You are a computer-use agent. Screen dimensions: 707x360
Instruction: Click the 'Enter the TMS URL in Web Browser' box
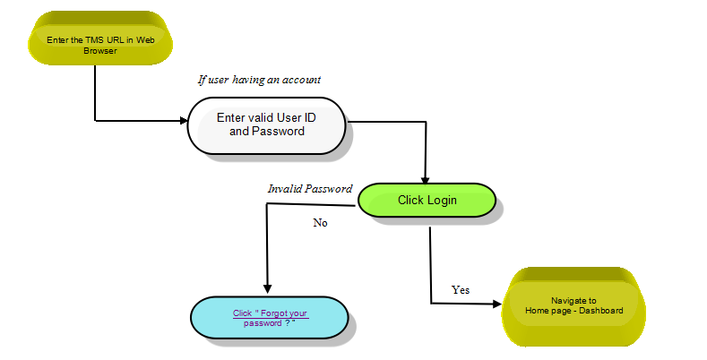(x=100, y=39)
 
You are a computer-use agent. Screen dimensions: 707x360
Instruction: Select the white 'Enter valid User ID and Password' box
(x=266, y=125)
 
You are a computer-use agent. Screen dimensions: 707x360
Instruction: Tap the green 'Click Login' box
(x=427, y=200)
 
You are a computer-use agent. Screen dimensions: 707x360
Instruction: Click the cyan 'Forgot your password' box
(x=270, y=318)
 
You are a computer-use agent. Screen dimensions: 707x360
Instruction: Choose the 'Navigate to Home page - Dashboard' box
(x=573, y=306)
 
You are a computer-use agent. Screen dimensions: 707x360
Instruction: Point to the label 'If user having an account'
(x=259, y=80)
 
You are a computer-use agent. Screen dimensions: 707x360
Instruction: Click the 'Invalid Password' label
(x=310, y=189)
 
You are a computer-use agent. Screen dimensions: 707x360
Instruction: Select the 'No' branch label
(x=320, y=223)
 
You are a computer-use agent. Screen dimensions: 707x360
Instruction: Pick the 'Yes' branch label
(x=461, y=290)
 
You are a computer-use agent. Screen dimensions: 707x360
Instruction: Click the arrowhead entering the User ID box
(x=184, y=120)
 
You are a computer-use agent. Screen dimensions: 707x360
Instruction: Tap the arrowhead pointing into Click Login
(x=425, y=180)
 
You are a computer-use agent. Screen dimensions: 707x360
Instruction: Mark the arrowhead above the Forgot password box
(x=267, y=289)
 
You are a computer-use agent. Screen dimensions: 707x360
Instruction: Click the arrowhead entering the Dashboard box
(x=497, y=304)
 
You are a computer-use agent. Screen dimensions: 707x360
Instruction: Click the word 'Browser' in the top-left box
(x=100, y=51)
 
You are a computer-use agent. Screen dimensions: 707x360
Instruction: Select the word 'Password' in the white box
(x=278, y=131)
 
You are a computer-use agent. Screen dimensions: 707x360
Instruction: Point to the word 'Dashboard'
(x=601, y=311)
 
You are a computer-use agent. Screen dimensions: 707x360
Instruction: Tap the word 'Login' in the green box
(x=442, y=201)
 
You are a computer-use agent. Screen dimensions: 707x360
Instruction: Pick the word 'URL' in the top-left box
(x=116, y=40)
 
